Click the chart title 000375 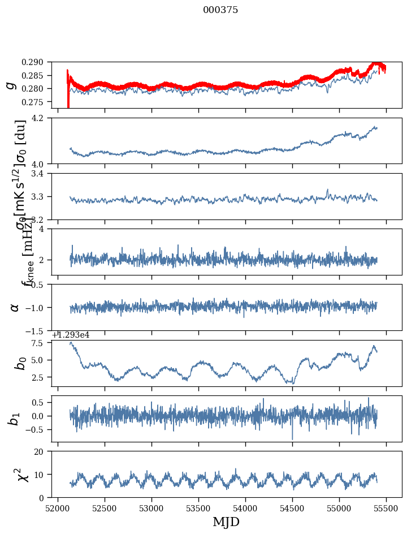pos(220,10)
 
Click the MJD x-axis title pos(226,522)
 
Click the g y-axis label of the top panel pos(10,85)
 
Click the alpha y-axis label pos(15,307)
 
